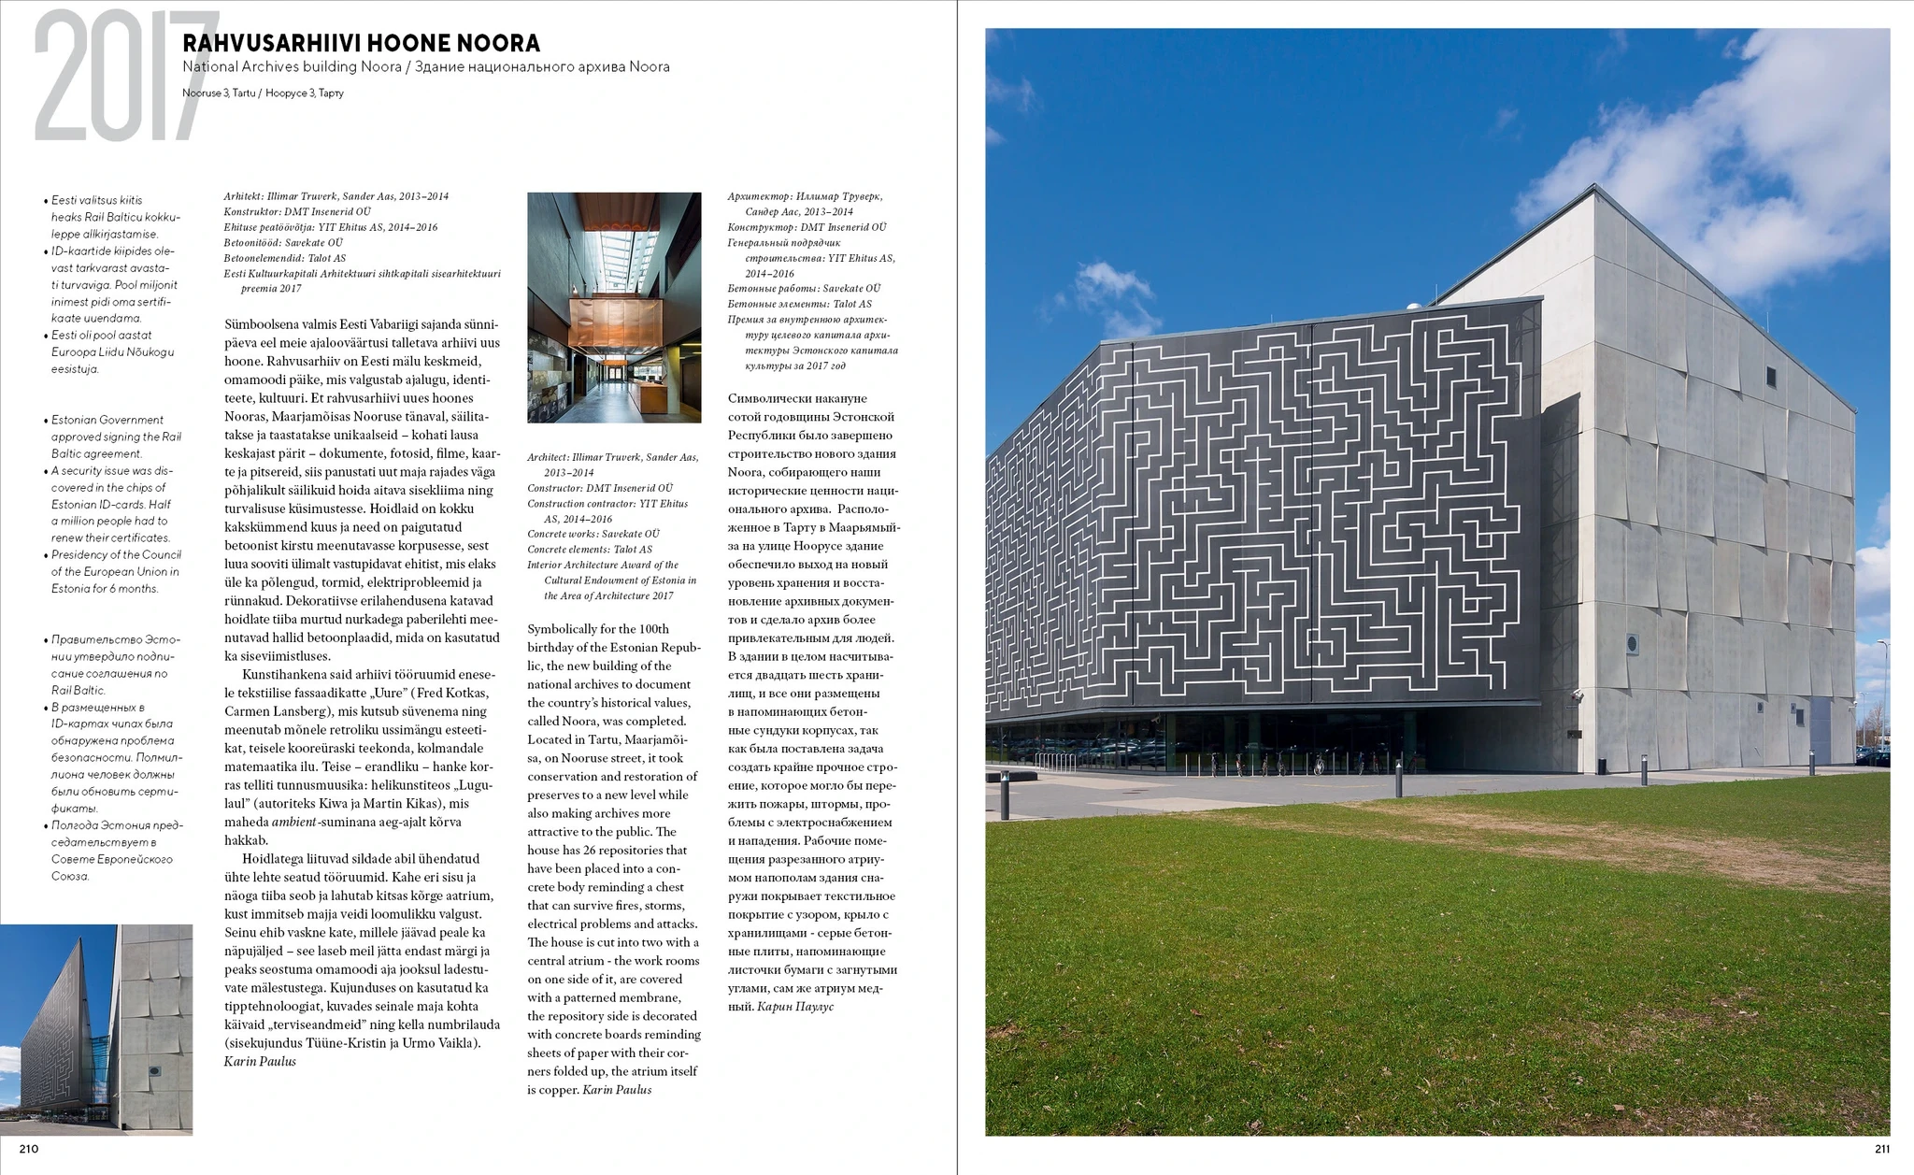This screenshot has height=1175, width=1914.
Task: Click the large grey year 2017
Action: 121,77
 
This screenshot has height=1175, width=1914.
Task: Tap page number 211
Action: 1881,1149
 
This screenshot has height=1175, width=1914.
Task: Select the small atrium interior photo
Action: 614,308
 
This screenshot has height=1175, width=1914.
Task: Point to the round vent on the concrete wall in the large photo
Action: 1633,643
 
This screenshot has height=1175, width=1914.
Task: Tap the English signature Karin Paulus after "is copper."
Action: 617,1090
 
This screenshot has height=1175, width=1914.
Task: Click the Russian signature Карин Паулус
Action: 795,1007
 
